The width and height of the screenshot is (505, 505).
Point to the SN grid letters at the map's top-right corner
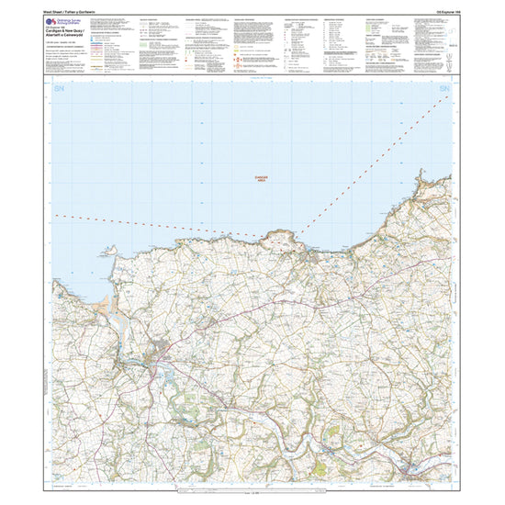tap(446, 88)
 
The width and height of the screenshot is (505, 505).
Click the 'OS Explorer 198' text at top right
tap(432, 9)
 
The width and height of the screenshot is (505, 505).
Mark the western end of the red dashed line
tap(57, 215)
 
